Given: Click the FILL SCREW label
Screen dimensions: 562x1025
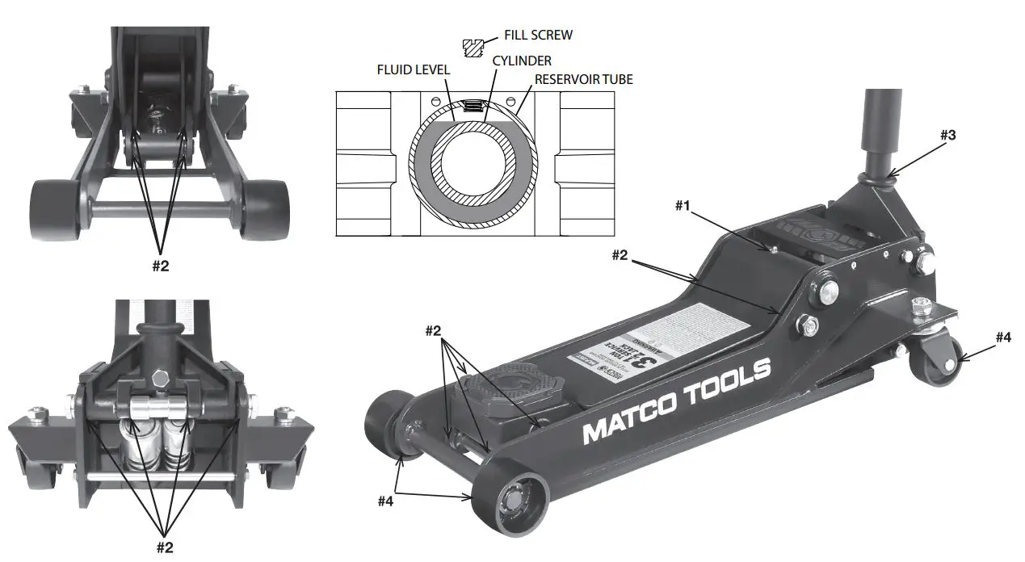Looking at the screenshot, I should tap(539, 35).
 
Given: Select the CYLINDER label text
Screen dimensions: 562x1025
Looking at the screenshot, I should tap(522, 61).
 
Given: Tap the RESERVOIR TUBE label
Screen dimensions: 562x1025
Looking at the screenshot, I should tap(583, 79).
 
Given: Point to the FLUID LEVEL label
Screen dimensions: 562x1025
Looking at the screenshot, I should tap(414, 70).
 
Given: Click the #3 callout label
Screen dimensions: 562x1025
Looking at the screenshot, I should tap(947, 135).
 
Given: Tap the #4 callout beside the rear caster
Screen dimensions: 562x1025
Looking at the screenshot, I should tap(1002, 338).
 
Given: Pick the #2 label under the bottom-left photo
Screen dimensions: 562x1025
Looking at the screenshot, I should tap(164, 547).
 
